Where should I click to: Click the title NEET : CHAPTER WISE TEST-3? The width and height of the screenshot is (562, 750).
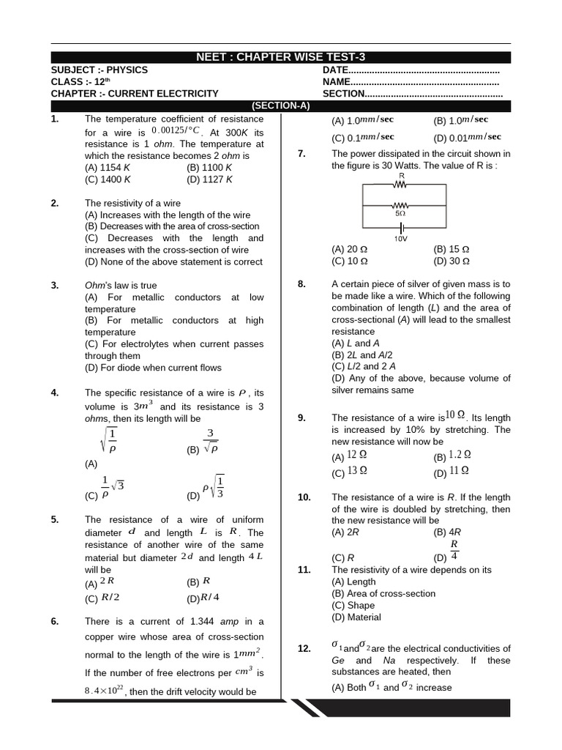click(x=281, y=58)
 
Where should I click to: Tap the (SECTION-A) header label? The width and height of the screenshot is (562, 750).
click(x=281, y=105)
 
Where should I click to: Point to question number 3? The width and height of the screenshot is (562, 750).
click(x=55, y=285)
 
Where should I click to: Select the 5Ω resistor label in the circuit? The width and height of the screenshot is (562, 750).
click(x=400, y=214)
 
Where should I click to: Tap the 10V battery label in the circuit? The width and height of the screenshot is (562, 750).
click(x=401, y=239)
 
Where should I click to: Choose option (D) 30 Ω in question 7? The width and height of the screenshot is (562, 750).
click(x=452, y=261)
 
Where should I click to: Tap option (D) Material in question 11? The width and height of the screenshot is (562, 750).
click(x=356, y=617)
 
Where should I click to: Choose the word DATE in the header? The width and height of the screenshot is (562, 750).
click(x=334, y=70)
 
